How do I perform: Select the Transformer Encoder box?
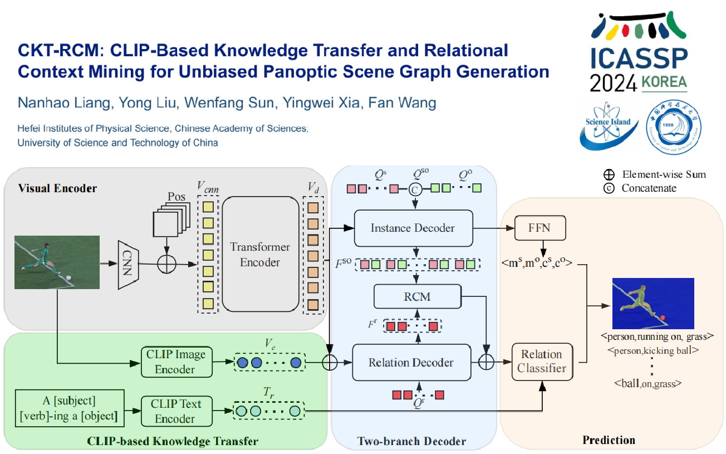point(260,254)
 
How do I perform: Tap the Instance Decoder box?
point(413,228)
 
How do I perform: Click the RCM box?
point(418,296)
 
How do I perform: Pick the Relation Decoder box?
point(411,363)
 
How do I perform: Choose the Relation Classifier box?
point(541,361)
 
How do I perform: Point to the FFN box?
point(540,229)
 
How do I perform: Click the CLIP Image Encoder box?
point(175,362)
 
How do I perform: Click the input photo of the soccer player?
point(57,262)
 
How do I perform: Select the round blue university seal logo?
point(674,126)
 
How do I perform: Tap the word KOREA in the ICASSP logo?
point(664,82)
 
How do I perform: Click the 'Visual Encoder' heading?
point(57,188)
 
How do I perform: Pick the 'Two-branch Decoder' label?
point(411,442)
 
